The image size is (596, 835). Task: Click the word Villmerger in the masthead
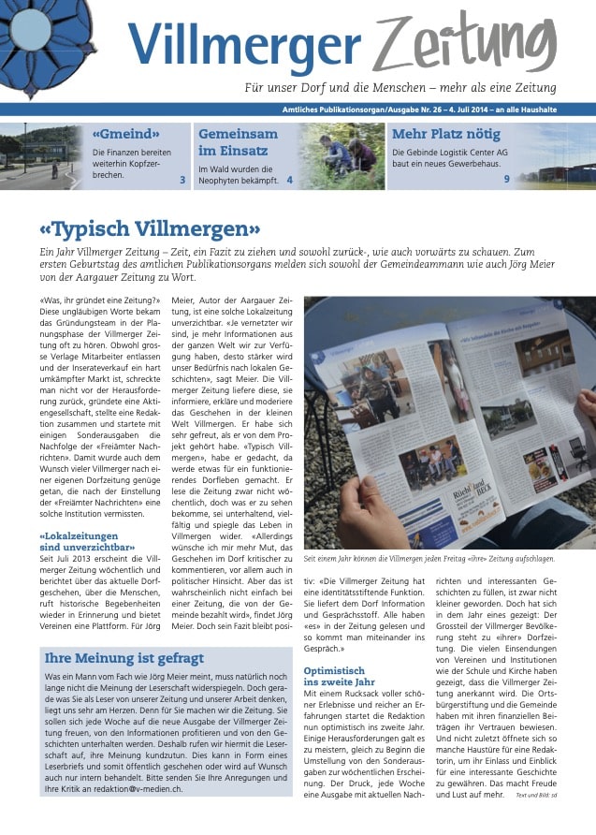[x=243, y=44]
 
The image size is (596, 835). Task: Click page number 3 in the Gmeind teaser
[x=182, y=179]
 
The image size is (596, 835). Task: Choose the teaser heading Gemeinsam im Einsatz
[x=238, y=142]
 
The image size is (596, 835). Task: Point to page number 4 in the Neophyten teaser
[x=290, y=179]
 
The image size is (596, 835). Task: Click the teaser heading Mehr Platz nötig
[x=440, y=134]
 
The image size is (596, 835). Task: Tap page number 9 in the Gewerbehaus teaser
[x=506, y=179]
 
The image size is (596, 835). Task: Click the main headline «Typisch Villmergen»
[x=150, y=228]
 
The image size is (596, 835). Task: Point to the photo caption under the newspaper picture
[x=429, y=559]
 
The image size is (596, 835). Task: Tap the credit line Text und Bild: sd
[x=537, y=795]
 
